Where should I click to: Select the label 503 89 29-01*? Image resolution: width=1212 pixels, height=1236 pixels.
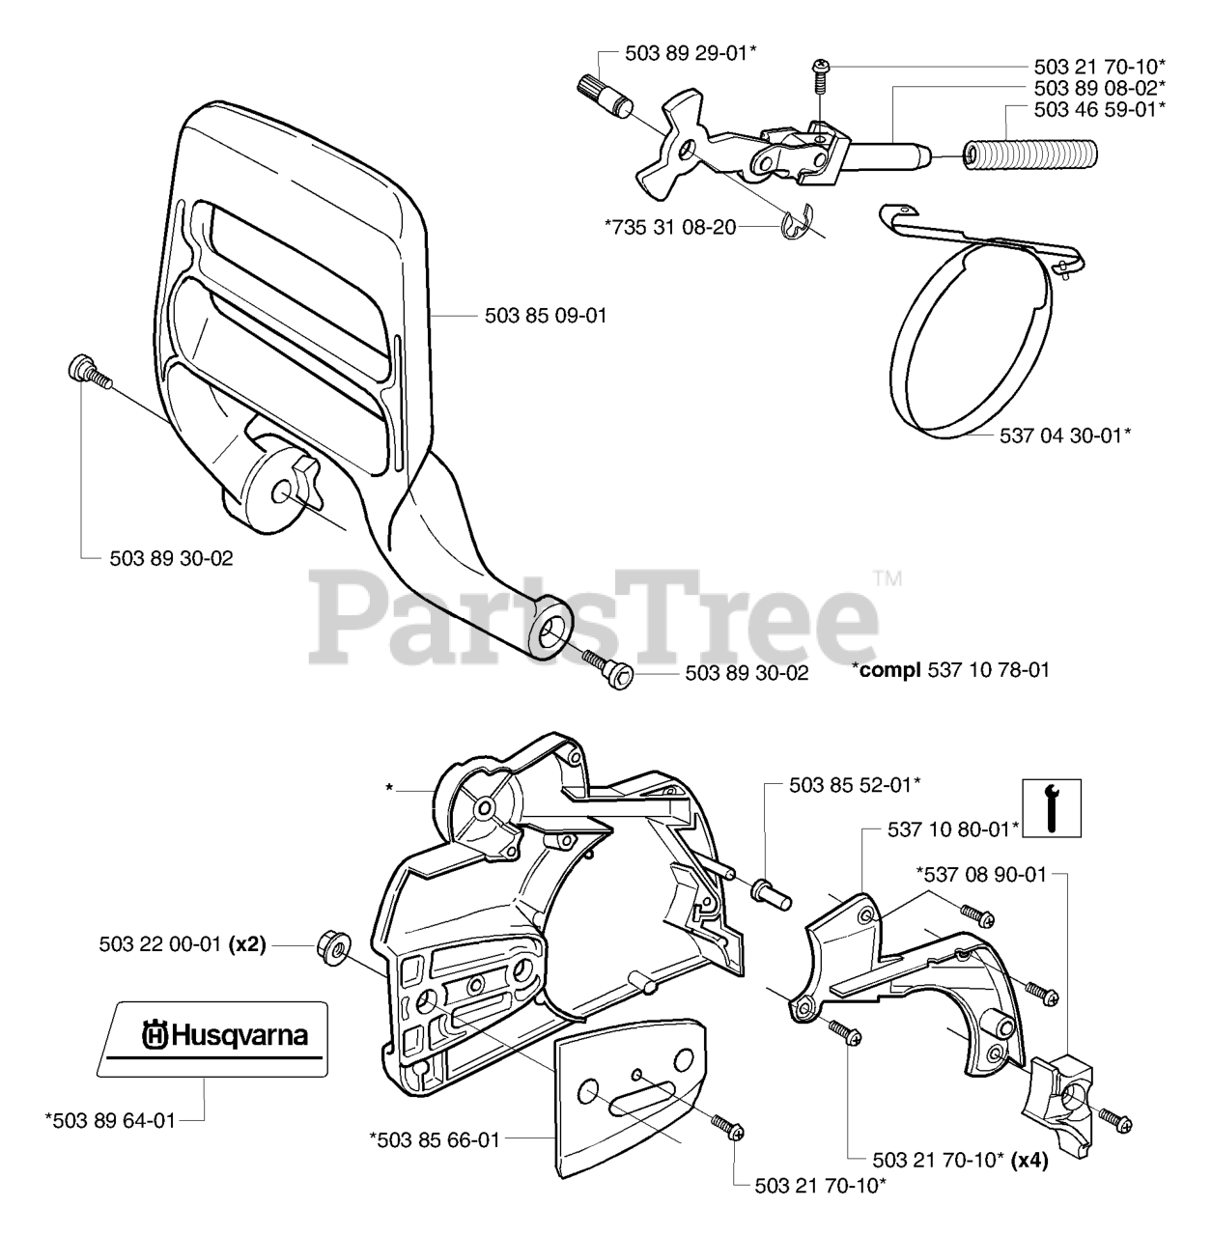click(x=690, y=54)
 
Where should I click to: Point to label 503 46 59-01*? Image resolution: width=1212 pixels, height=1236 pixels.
click(x=1099, y=109)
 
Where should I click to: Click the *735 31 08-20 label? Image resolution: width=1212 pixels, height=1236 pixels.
click(x=670, y=227)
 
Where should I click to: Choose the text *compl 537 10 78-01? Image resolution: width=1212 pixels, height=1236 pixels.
click(x=950, y=669)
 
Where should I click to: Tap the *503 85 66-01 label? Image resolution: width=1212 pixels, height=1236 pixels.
click(x=435, y=1140)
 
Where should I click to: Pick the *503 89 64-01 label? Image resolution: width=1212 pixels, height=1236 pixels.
click(x=110, y=1120)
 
